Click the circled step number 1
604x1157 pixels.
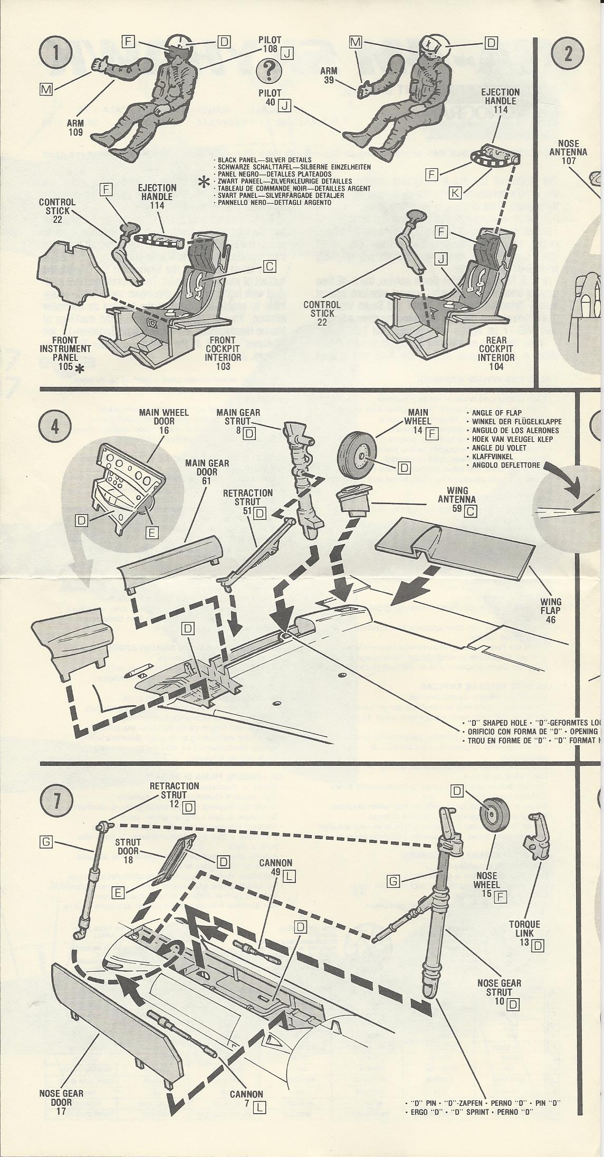(55, 55)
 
